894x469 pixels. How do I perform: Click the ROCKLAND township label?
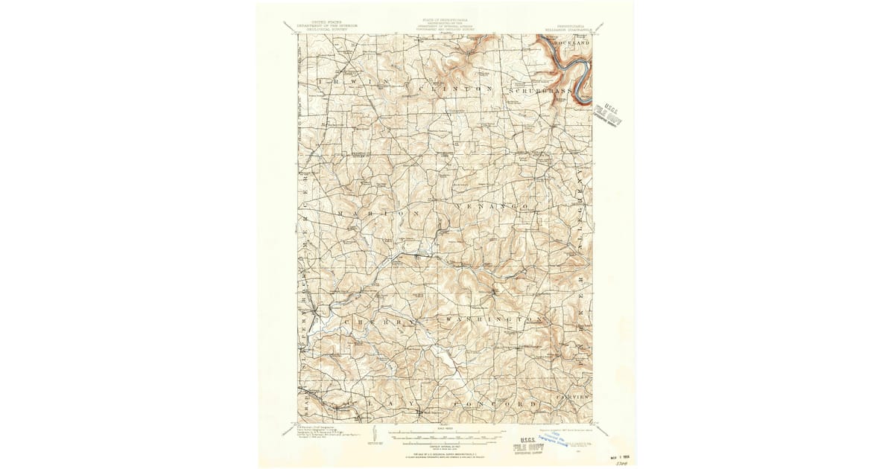571,44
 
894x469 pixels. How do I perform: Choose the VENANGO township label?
498,204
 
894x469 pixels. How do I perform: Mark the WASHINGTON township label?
493,319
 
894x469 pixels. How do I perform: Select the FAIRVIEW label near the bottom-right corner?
574,398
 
